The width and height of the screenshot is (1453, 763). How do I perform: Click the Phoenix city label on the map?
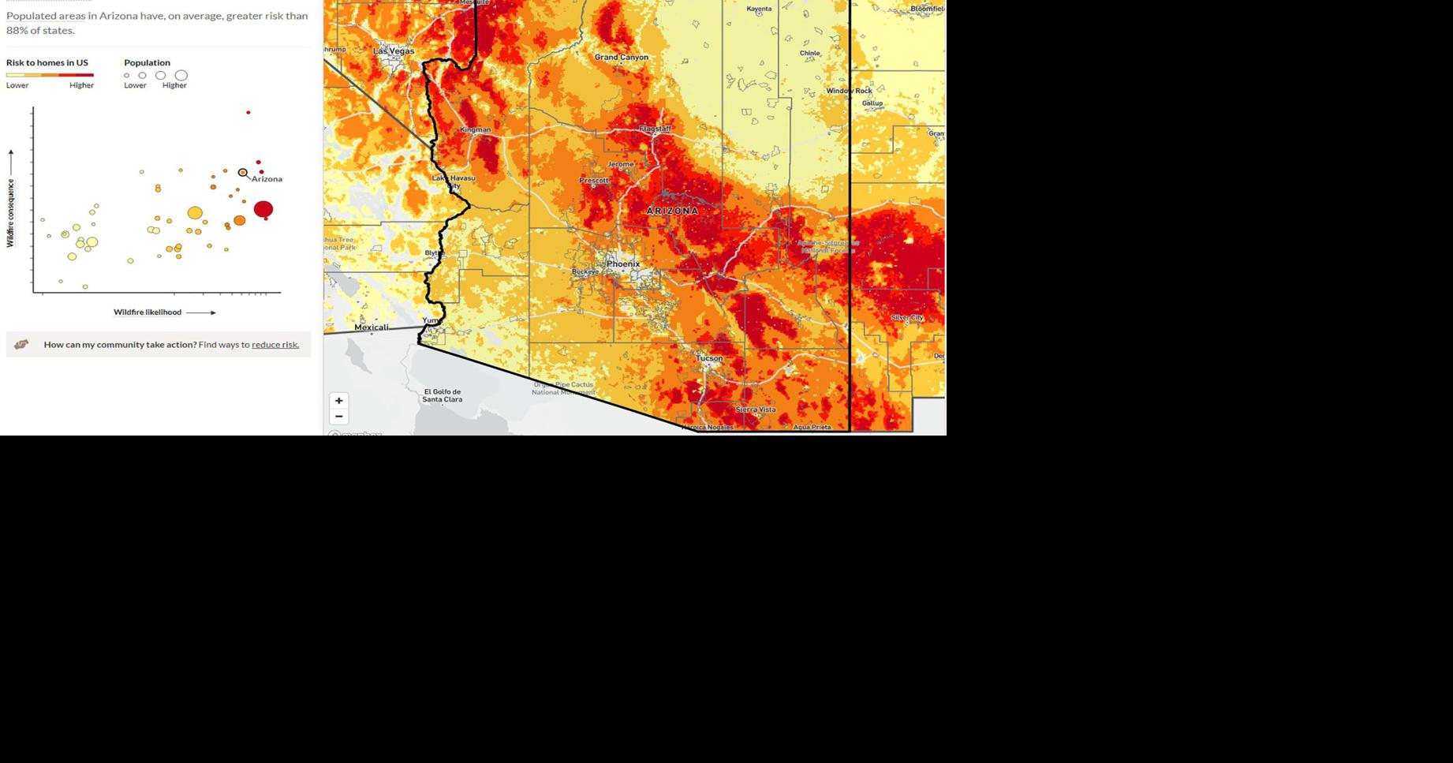coord(623,264)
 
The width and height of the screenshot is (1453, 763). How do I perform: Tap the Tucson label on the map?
coord(709,358)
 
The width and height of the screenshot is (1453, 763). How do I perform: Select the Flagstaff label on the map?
coord(655,129)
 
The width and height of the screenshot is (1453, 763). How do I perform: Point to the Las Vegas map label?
coord(394,51)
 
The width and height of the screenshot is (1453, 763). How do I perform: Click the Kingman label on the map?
coord(475,129)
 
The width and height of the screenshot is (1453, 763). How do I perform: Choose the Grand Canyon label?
coord(622,57)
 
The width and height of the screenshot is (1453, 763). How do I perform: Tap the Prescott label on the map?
coord(594,181)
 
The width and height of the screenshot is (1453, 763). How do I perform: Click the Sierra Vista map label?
coord(756,410)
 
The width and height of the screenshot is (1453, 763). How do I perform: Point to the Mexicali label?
coord(372,327)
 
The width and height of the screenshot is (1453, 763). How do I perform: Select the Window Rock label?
coord(850,91)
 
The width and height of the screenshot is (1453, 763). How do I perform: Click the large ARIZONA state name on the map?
coord(673,211)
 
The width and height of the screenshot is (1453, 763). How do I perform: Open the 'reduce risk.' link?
coord(275,345)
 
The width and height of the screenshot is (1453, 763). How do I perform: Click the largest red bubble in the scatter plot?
coord(263,209)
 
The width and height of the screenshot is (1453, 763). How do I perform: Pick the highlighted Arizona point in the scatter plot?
coord(243,173)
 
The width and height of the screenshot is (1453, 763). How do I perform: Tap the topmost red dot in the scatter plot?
coord(248,113)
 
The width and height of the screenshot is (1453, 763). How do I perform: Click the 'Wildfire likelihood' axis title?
coord(148,312)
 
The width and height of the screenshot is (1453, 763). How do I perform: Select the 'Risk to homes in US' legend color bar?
coord(50,75)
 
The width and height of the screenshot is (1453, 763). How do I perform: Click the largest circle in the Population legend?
coord(181,76)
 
